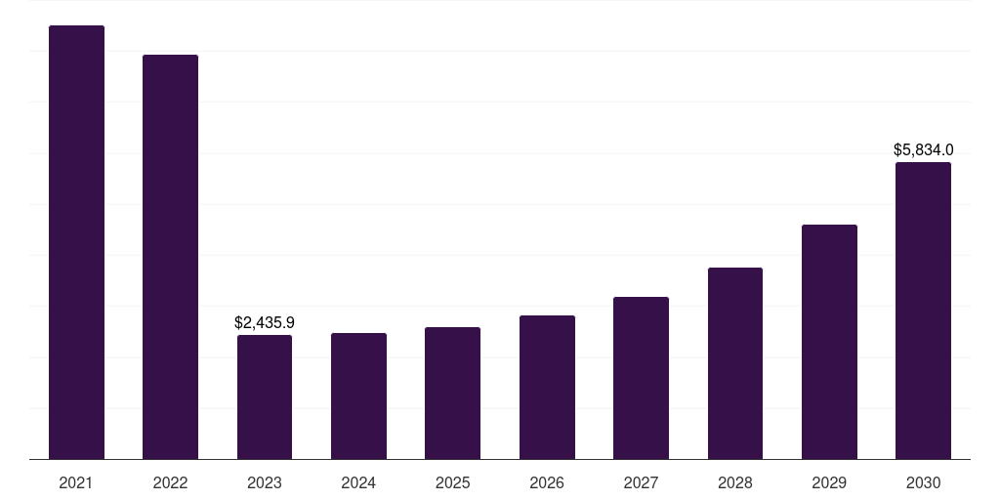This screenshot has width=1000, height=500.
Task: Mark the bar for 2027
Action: click(641, 378)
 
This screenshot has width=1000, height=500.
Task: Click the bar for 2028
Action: click(735, 363)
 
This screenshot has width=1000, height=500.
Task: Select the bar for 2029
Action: click(829, 342)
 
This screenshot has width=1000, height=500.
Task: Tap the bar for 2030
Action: click(923, 311)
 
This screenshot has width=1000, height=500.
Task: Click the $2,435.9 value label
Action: click(265, 322)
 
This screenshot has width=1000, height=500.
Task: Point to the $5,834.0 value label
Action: click(923, 149)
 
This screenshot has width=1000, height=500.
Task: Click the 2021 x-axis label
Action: click(76, 482)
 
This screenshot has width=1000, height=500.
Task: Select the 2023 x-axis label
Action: click(265, 482)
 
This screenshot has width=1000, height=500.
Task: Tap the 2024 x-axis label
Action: click(358, 482)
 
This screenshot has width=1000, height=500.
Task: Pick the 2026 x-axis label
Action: click(547, 482)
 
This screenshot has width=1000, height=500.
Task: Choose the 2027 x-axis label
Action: click(641, 482)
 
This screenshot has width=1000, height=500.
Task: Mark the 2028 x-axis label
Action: click(735, 482)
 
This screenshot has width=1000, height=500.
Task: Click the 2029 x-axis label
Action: click(829, 482)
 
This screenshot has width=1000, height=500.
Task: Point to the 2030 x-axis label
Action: click(923, 482)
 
